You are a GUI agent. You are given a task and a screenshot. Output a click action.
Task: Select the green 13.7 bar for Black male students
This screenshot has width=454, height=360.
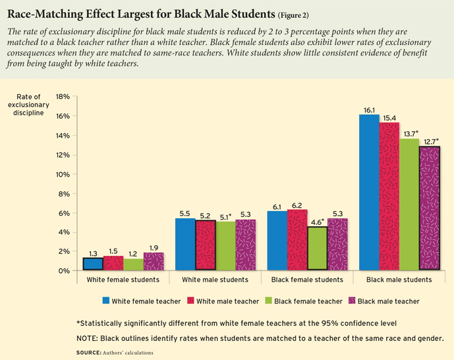click(x=409, y=204)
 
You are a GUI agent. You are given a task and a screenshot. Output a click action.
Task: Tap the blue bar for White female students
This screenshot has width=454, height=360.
click(x=93, y=264)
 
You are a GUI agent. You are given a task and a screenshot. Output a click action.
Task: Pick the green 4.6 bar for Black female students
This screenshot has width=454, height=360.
click(x=317, y=249)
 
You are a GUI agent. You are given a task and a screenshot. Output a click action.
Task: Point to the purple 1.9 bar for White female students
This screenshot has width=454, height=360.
click(x=153, y=262)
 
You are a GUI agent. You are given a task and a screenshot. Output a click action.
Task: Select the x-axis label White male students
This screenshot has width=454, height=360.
click(x=215, y=280)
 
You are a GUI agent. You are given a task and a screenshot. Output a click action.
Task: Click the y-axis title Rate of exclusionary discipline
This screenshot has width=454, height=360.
click(x=27, y=105)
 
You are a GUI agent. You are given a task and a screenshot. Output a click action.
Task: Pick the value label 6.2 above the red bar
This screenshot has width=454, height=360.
click(x=297, y=204)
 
